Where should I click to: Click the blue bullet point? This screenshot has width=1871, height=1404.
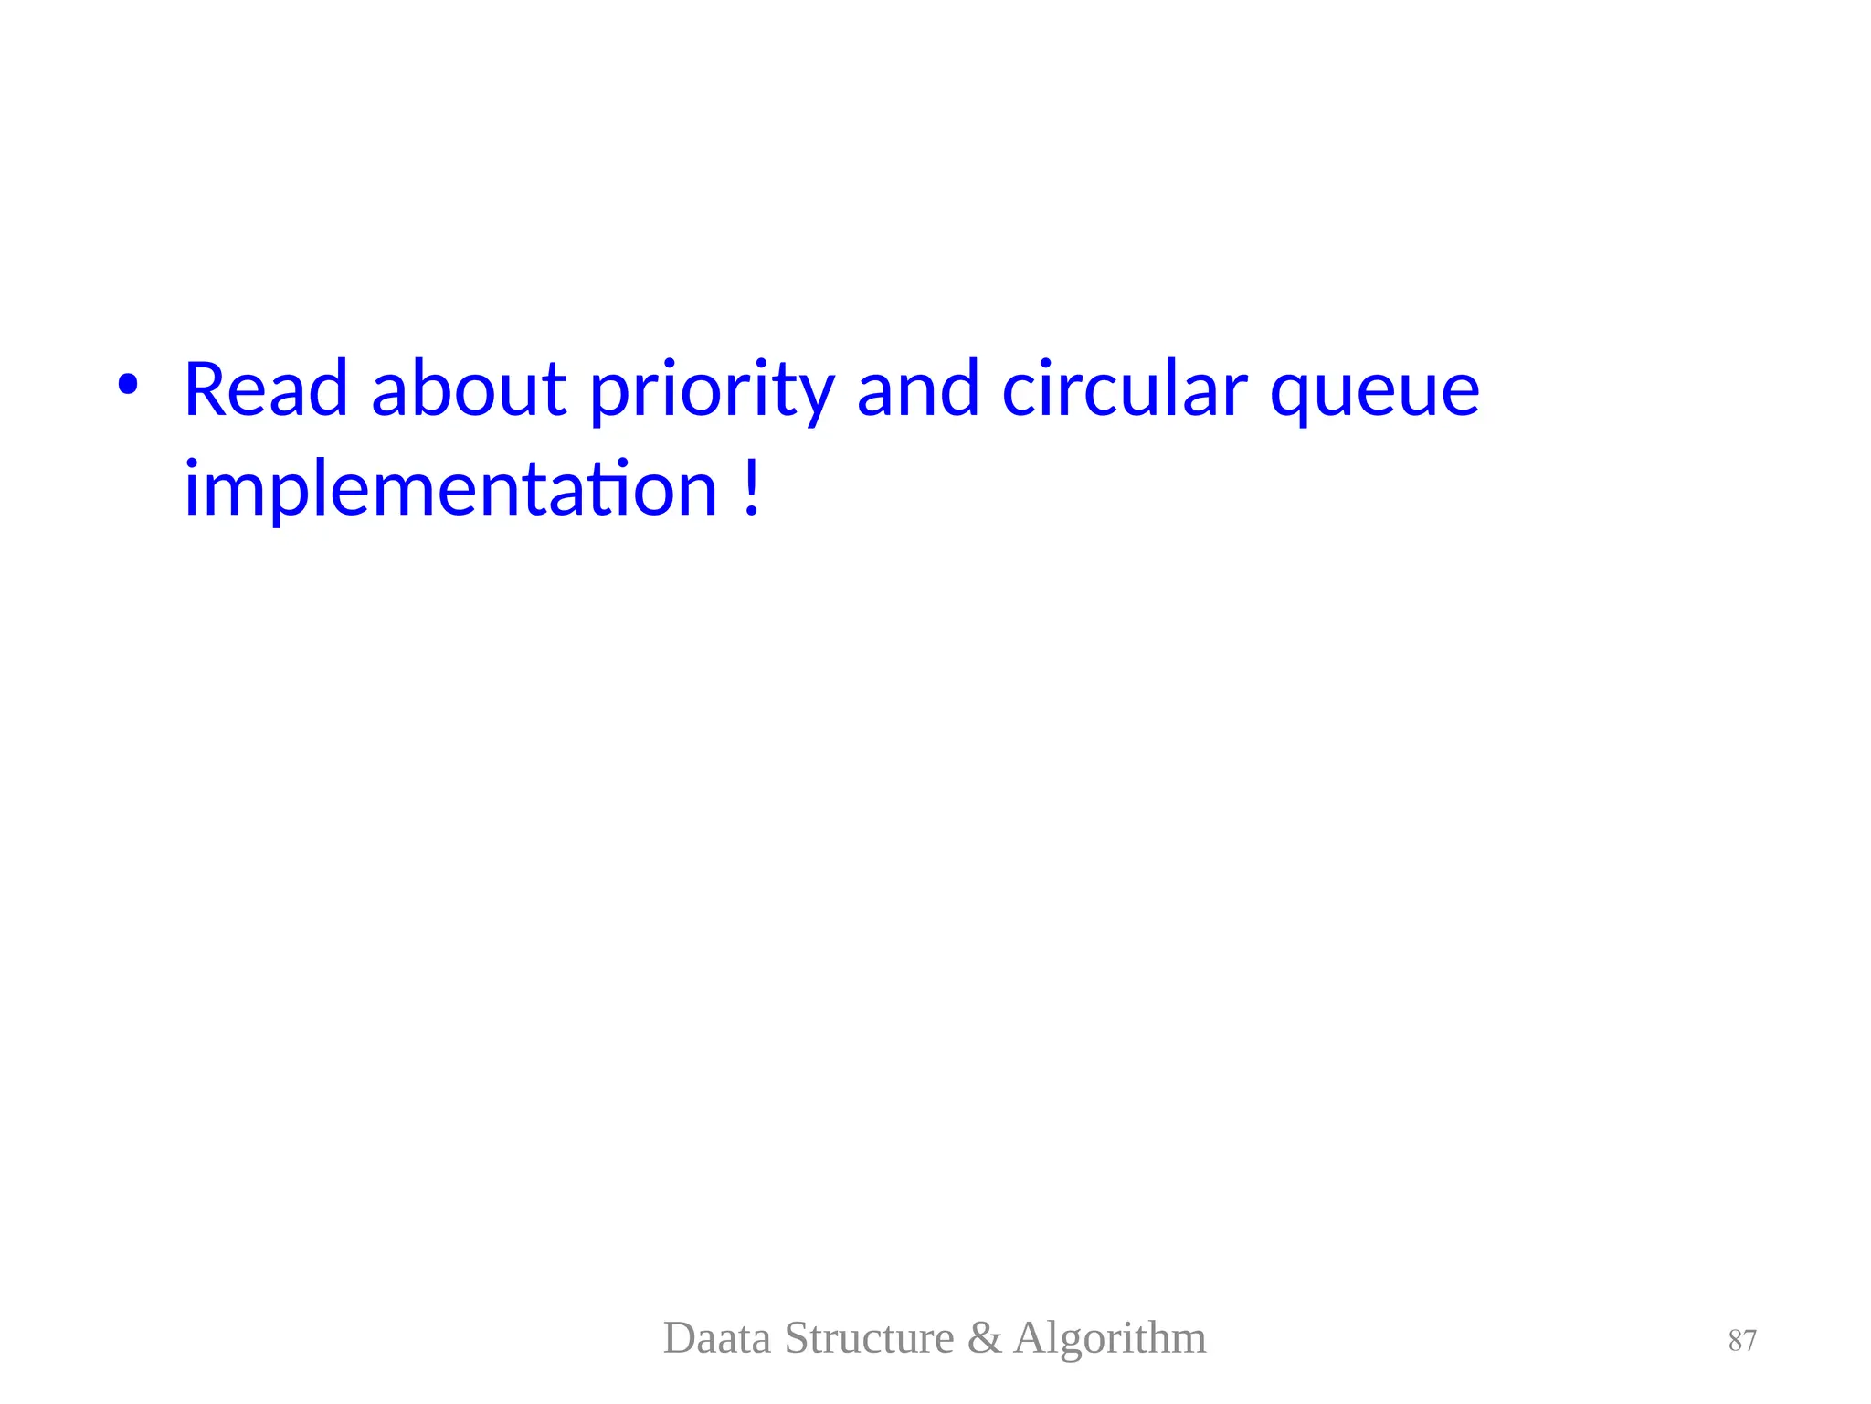coord(127,385)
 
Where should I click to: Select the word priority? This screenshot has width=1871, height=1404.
coord(711,393)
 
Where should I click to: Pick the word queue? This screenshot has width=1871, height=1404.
coord(1374,395)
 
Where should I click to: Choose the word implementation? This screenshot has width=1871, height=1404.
coord(450,490)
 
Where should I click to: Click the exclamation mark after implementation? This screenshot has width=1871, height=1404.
coord(751,488)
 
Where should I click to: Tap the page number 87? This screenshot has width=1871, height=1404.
coord(1741,1341)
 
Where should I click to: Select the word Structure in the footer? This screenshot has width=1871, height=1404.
coord(869,1338)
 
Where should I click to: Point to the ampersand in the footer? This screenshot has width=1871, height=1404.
coord(984,1338)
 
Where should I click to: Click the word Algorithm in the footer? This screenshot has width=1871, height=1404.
coord(1109,1340)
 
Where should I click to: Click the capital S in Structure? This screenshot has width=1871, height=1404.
coord(796,1338)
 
